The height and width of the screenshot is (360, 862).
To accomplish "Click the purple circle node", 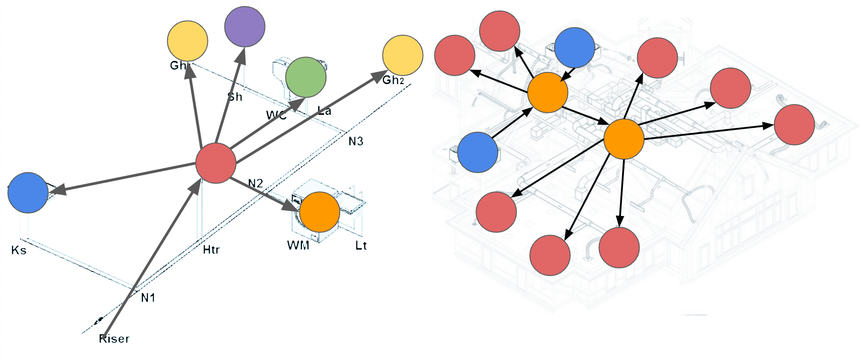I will [x=245, y=27].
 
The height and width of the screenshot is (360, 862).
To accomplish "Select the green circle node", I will [x=305, y=77].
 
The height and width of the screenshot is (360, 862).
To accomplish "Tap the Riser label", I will [x=114, y=339].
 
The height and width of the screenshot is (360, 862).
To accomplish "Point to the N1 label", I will [x=148, y=298].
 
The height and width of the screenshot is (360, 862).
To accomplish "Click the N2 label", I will [x=256, y=183].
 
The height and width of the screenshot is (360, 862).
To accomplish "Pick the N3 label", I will [x=356, y=141].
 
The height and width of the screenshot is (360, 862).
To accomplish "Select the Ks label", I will [x=19, y=250].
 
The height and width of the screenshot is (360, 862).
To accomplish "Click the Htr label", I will [x=211, y=250].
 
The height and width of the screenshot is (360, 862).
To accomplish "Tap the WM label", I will [x=298, y=246].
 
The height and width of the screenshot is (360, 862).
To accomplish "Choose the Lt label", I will [x=361, y=246].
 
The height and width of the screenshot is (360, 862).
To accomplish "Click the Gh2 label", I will [x=393, y=80].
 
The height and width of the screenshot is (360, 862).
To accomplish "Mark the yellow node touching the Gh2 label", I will [x=403, y=55].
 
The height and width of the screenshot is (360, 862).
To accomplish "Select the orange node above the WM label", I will [x=320, y=212].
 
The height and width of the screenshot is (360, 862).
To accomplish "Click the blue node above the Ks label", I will [x=28, y=193].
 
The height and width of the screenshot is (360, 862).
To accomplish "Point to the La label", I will [x=325, y=111].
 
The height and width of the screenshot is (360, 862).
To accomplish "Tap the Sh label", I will [x=235, y=97].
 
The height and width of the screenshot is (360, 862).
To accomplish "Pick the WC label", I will [x=276, y=115].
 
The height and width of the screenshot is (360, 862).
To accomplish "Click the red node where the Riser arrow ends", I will [x=215, y=163].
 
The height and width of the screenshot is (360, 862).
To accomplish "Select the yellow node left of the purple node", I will [x=187, y=41].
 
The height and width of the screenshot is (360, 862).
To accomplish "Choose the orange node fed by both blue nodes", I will [x=547, y=92].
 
